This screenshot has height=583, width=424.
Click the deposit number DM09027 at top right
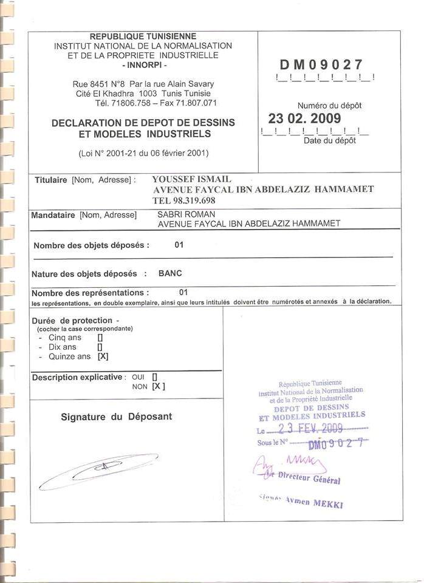(321, 65)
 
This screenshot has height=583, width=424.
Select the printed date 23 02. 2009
(304, 118)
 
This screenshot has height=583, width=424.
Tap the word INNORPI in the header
(143, 64)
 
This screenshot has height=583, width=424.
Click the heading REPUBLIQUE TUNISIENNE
(143, 36)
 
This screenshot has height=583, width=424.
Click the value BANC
(170, 273)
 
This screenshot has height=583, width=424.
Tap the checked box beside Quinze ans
(103, 356)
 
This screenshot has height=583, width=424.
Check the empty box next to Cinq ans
(100, 338)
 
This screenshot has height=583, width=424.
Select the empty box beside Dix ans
(100, 347)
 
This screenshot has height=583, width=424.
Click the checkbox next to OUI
(155, 377)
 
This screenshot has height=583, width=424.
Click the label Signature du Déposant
(116, 417)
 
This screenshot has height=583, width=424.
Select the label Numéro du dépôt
(329, 106)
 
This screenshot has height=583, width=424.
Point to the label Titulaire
(51, 180)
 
